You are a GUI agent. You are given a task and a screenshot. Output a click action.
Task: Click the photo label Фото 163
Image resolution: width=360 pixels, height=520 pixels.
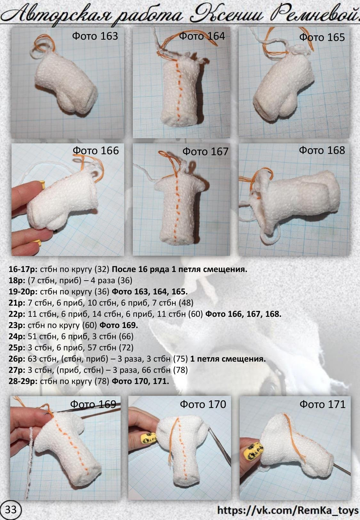(x=95, y=36)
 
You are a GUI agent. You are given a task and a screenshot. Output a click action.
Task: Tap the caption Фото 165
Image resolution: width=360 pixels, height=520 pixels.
(x=322, y=37)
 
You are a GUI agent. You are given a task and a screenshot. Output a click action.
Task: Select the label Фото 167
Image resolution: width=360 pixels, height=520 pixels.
(x=205, y=152)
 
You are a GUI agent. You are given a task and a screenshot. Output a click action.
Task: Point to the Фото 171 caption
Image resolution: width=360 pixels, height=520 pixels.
(x=322, y=404)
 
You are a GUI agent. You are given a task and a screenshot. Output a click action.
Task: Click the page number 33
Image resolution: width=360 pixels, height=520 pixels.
(x=11, y=510)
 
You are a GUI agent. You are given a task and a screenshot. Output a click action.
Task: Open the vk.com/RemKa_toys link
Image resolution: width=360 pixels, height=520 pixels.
(x=288, y=510)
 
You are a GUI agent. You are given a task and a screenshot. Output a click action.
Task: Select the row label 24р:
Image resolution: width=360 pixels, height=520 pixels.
(x=17, y=336)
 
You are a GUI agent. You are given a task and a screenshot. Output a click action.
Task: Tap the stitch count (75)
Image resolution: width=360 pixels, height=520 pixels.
(x=180, y=359)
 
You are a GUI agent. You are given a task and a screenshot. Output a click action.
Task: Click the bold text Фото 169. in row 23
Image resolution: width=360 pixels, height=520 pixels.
(x=119, y=325)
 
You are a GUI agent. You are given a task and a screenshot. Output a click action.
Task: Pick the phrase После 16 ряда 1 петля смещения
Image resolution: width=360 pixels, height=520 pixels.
(x=180, y=269)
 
